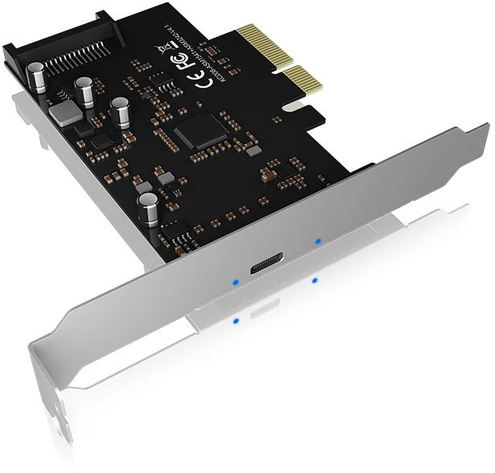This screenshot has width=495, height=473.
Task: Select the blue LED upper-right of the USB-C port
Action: click(318, 240)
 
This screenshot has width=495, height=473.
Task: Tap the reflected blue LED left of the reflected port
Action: click(235, 321)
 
